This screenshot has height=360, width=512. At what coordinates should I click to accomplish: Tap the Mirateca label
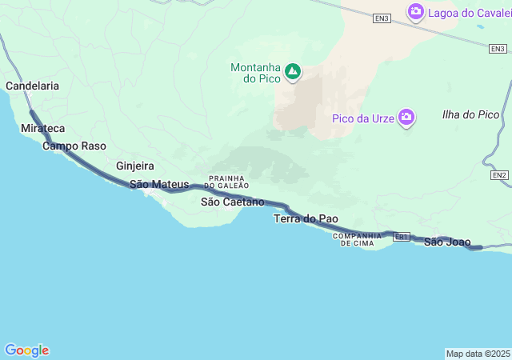[x=43, y=128]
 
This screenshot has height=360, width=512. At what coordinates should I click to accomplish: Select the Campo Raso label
[x=74, y=146]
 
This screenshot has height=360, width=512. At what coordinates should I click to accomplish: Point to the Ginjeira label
[x=134, y=166]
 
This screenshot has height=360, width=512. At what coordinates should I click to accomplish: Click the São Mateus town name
[x=159, y=185]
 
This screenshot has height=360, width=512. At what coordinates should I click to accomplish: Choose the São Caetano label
[x=232, y=202]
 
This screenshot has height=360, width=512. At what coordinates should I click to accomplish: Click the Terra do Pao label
[x=306, y=218]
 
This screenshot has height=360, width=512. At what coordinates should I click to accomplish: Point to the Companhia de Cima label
[x=358, y=238]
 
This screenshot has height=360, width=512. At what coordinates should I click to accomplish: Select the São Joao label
[x=447, y=242]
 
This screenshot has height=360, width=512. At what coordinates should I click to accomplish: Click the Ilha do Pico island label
[x=470, y=114]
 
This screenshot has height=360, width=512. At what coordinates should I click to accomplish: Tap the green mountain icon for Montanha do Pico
[x=293, y=72]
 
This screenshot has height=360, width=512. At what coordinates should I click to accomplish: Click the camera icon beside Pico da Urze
[x=407, y=118]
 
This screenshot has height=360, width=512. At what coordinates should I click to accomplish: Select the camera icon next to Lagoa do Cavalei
[x=415, y=11]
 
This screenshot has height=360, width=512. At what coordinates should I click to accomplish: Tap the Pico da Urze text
[x=365, y=119]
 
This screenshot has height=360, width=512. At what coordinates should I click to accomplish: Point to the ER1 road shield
[x=402, y=237]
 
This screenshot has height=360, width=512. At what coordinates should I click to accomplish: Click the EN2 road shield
[x=500, y=174]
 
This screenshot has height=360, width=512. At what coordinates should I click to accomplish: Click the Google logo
[x=26, y=350]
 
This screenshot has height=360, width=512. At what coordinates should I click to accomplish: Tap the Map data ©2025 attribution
[x=478, y=354]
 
